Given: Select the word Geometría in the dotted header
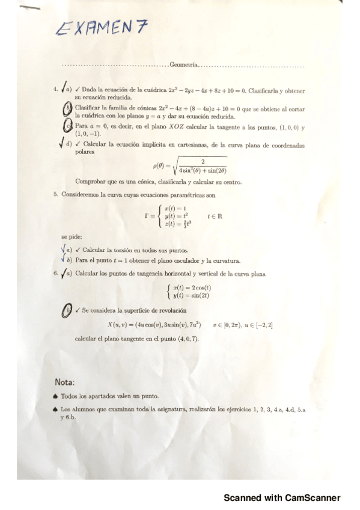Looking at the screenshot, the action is tap(183, 64).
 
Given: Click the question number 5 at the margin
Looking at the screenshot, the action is tap(55, 194).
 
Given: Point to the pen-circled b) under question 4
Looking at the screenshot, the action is tap(69, 108).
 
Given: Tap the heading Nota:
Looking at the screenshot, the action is tap(64, 382).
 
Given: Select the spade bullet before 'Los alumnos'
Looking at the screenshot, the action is tap(55, 409).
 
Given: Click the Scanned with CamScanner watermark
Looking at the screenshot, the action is tap(282, 498).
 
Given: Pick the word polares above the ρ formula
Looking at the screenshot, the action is tap(85, 153).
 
